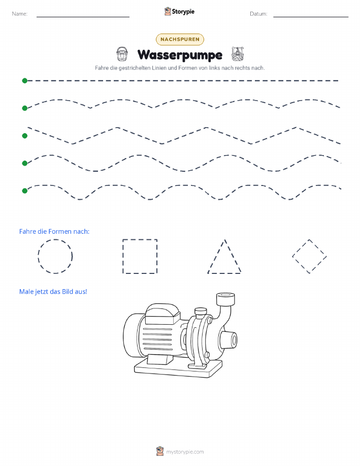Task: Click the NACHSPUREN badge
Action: point(180,39)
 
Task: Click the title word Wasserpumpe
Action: point(180,55)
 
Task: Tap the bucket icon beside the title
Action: point(122,54)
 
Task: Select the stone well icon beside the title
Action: point(237,54)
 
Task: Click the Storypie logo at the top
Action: point(179,12)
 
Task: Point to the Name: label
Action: point(20,14)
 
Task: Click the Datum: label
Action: point(258,14)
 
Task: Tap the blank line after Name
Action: point(83,17)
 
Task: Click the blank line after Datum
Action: point(311,17)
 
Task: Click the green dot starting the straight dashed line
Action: point(25,80)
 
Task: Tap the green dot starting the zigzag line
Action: point(25,136)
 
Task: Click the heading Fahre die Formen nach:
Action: point(54,232)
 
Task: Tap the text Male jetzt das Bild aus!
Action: point(53,292)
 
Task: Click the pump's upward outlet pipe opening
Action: point(225,296)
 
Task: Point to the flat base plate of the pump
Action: point(178,369)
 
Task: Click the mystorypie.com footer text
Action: point(185,452)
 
